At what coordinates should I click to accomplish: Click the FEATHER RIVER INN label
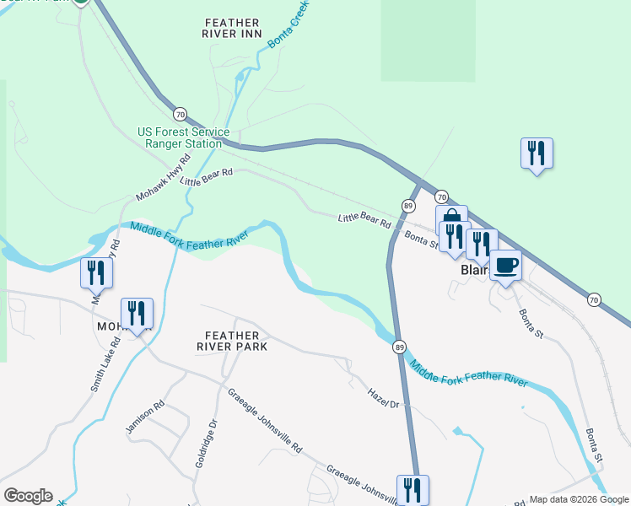pyautogui.click(x=232, y=27)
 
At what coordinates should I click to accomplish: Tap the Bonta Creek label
pyautogui.click(x=289, y=24)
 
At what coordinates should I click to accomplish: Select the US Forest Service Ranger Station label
pyautogui.click(x=183, y=137)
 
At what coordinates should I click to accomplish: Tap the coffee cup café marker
pyautogui.click(x=505, y=266)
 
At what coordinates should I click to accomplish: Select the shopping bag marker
pyautogui.click(x=451, y=220)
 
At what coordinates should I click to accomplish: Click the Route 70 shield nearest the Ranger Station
pyautogui.click(x=180, y=114)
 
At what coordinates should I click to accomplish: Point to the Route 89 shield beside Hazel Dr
pyautogui.click(x=399, y=347)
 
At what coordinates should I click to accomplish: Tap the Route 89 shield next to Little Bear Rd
pyautogui.click(x=408, y=206)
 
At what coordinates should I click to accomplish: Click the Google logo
pyautogui.click(x=28, y=496)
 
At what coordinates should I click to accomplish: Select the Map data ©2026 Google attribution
pyautogui.click(x=579, y=499)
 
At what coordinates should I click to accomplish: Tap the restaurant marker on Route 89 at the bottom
pyautogui.click(x=413, y=489)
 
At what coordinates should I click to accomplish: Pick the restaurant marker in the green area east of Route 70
pyautogui.click(x=537, y=153)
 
